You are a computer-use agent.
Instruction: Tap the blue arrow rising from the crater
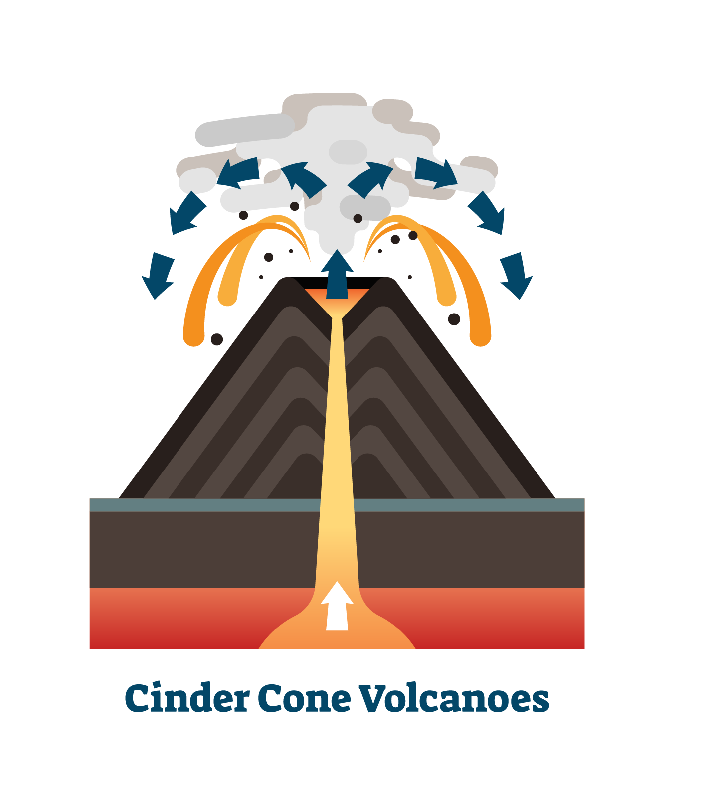click(x=337, y=274)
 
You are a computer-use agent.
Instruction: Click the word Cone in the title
click(x=304, y=699)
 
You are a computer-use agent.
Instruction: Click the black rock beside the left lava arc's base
click(x=217, y=339)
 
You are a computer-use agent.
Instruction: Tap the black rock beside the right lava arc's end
click(x=454, y=319)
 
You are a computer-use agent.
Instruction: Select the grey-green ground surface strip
click(x=337, y=505)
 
